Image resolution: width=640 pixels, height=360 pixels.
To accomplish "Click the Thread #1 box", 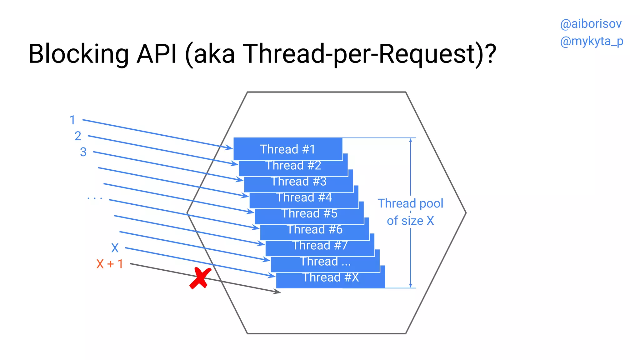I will [287, 149].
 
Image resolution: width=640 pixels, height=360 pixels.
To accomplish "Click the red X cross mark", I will [200, 278].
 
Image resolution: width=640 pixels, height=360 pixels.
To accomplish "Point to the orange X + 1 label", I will [109, 264].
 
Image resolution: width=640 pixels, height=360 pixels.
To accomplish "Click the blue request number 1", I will [72, 120].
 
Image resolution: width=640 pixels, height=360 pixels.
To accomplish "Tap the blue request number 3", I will [83, 152].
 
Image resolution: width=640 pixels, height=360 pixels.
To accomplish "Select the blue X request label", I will [115, 248].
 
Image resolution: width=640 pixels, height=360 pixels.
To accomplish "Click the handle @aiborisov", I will [591, 24].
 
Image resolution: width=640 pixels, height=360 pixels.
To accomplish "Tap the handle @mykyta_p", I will [592, 41].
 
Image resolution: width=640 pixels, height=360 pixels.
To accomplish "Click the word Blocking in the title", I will [78, 54].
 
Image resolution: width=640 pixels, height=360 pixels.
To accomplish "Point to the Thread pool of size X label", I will [410, 212].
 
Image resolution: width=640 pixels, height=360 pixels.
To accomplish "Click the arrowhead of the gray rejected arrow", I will [277, 292].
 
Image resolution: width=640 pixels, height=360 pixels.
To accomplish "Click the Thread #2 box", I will [293, 166].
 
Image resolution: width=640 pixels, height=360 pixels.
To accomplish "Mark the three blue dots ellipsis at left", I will [95, 198].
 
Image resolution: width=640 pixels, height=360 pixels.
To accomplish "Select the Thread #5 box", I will [309, 214].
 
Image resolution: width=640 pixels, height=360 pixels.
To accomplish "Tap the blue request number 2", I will [78, 136].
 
